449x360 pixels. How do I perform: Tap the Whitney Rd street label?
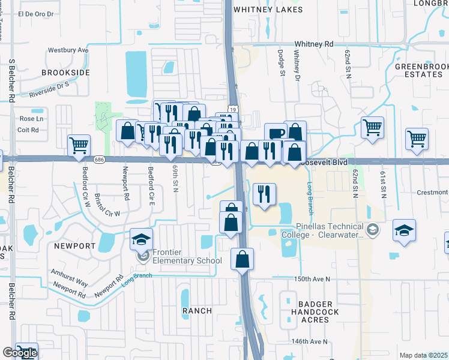point(313,44)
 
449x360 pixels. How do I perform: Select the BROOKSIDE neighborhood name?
point(65,73)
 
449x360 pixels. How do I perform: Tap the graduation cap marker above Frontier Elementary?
point(142,239)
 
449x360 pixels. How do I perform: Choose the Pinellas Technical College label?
point(330,231)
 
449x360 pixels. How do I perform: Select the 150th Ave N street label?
point(312,280)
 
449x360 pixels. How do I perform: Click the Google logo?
point(20,353)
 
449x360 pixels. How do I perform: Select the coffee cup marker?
point(276,134)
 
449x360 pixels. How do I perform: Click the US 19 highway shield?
point(232,109)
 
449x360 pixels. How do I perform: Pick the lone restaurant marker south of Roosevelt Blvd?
point(264,194)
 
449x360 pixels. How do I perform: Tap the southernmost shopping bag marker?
point(242,260)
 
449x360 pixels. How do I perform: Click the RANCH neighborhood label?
point(197,311)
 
